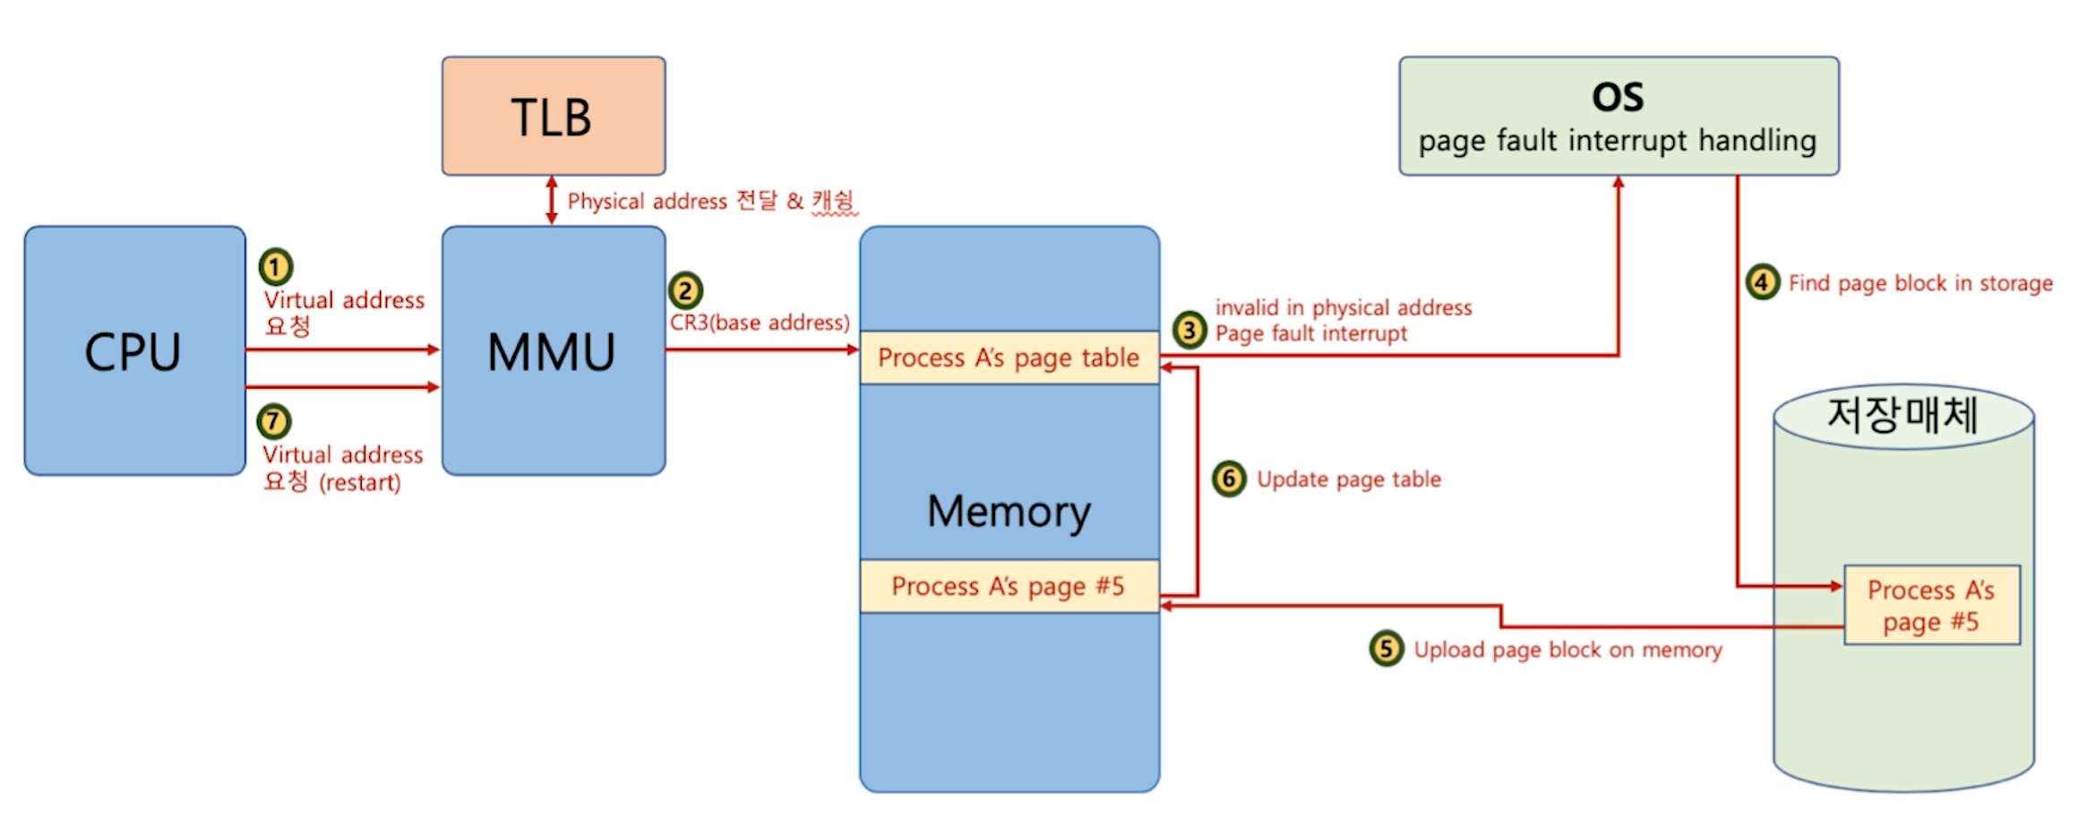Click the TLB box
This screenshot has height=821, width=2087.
pyautogui.click(x=553, y=116)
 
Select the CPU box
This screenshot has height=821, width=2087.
pyautogui.click(x=134, y=350)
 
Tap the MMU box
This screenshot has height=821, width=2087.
pyautogui.click(x=553, y=350)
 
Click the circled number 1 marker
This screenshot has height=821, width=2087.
pyautogui.click(x=275, y=266)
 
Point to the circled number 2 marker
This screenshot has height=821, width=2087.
pyautogui.click(x=685, y=290)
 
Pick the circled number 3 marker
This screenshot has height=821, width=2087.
pyautogui.click(x=1190, y=330)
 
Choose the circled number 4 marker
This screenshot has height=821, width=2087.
pyautogui.click(x=1762, y=282)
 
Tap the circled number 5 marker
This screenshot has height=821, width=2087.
pyautogui.click(x=1386, y=648)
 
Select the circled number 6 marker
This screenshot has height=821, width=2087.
pyautogui.click(x=1229, y=479)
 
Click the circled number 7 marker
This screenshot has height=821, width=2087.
pyautogui.click(x=274, y=420)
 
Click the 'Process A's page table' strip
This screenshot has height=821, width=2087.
pyautogui.click(x=1009, y=358)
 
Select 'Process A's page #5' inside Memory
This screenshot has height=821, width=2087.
pyautogui.click(x=1009, y=586)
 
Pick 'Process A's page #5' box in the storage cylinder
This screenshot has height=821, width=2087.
pyautogui.click(x=1931, y=605)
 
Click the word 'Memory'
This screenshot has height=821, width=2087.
pyautogui.click(x=1009, y=511)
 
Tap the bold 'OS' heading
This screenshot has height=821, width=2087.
pyautogui.click(x=1618, y=97)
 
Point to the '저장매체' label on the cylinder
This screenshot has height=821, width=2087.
pyautogui.click(x=1902, y=414)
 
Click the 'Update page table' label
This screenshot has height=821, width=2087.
pyautogui.click(x=1349, y=480)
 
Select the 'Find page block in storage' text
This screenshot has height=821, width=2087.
pyautogui.click(x=1920, y=283)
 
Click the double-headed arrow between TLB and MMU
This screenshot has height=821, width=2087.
pyautogui.click(x=552, y=200)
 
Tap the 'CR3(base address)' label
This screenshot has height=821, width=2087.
pyautogui.click(x=760, y=323)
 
